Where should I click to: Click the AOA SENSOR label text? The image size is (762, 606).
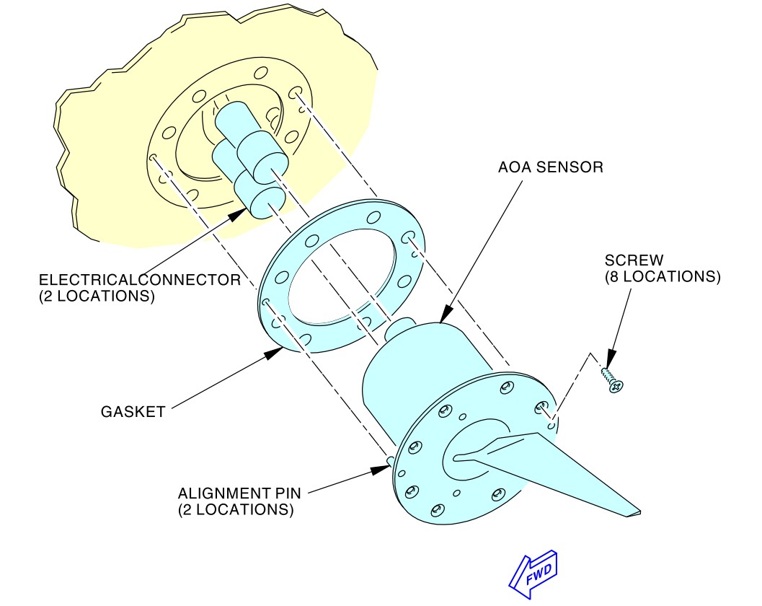[550, 167]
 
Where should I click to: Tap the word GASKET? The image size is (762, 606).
[133, 412]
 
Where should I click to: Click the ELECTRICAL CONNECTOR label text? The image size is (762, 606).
[139, 280]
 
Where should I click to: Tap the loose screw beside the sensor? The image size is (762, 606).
[611, 381]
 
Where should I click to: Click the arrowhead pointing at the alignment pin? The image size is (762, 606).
[380, 470]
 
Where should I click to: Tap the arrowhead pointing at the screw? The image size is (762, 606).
[610, 359]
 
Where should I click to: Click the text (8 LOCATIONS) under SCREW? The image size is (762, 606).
[662, 276]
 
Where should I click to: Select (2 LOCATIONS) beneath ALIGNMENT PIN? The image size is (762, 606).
[236, 509]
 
